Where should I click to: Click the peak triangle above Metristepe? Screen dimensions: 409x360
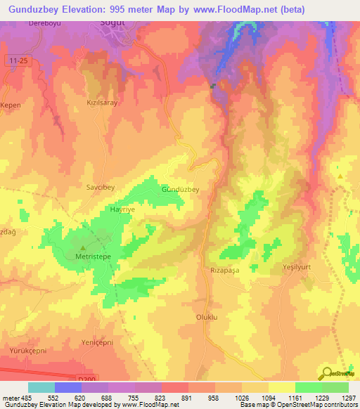pos(83,247)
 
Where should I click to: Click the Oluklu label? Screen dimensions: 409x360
pos(209,317)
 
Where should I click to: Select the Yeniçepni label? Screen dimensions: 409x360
pos(98,343)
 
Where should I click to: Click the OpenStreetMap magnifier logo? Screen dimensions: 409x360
pos(327,372)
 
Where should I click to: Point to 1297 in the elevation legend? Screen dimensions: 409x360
pos(348,398)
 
